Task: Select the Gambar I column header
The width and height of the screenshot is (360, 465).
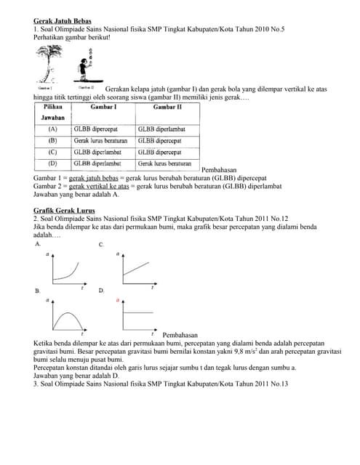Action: (x=103, y=107)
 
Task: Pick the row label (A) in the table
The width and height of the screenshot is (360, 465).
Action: (x=52, y=129)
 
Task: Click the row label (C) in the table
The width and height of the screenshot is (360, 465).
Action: (x=52, y=152)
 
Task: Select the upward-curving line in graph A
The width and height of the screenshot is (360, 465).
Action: (x=66, y=272)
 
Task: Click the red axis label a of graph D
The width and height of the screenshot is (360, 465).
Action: (x=118, y=299)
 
